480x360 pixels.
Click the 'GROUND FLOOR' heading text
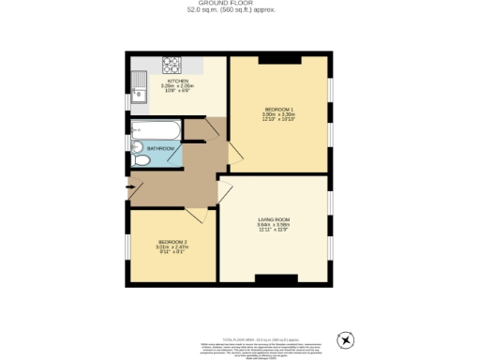239,4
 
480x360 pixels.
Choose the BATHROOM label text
160,148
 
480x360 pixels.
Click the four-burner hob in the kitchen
172,66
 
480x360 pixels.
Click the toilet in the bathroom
140,160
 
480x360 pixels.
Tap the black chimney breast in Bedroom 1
278,59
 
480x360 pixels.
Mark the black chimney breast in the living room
277,278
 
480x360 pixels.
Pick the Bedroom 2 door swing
196,214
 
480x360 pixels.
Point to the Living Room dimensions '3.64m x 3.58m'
275,225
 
